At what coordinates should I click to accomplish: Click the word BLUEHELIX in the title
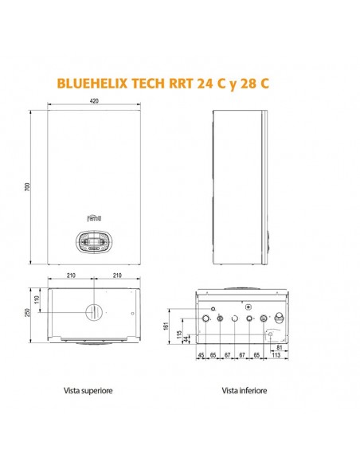point(96,82)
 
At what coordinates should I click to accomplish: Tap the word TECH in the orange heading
point(161,82)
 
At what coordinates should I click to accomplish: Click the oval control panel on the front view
point(93,241)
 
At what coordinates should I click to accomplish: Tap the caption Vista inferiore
point(245,391)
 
